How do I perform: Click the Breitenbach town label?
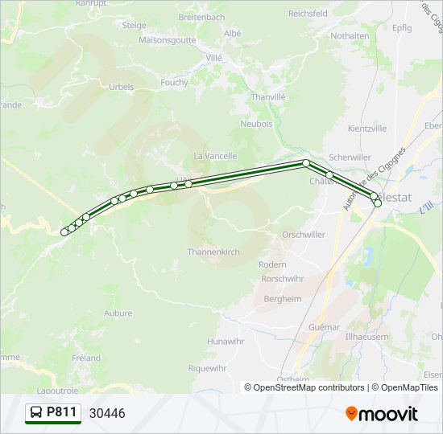tap(201, 17)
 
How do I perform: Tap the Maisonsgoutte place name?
tap(168, 39)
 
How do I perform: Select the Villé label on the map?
tap(213, 58)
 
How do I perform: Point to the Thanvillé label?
tap(268, 97)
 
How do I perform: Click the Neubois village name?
tap(256, 124)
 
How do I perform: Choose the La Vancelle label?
tap(215, 156)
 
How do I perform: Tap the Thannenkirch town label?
tap(213, 252)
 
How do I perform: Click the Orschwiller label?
tap(303, 235)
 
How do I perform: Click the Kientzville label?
tap(367, 129)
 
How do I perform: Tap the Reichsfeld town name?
tap(308, 14)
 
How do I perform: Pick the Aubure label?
tap(118, 313)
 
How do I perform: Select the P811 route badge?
tap(53, 413)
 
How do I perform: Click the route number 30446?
tap(107, 414)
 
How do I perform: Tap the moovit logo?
tap(382, 414)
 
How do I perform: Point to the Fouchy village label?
tap(174, 82)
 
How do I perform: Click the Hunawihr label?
tap(225, 342)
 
